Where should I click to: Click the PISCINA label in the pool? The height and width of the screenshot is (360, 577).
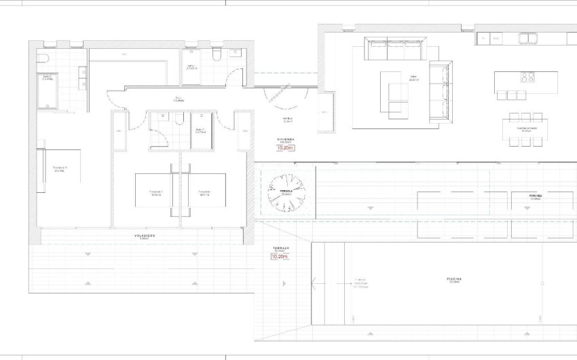(x=455, y=279)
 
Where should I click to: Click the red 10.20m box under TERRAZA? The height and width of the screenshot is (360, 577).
(x=279, y=257)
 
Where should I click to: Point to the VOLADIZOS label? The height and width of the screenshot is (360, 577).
(x=144, y=236)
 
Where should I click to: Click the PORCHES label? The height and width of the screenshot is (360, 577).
(x=535, y=195)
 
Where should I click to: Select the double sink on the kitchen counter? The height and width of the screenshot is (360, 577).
(x=529, y=38)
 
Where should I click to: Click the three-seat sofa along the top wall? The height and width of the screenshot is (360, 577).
(x=394, y=50)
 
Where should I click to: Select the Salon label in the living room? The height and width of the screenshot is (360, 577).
(x=413, y=77)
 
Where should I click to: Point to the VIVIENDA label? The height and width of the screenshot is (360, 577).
(x=286, y=139)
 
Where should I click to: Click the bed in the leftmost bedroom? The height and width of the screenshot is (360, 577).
(x=60, y=166)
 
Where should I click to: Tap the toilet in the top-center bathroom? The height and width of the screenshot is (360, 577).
(x=217, y=55)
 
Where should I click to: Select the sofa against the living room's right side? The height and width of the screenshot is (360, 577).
(x=440, y=92)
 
